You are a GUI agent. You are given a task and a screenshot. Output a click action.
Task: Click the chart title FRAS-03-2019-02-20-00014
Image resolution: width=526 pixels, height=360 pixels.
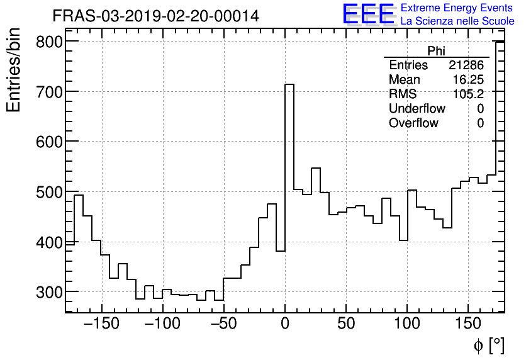[155, 16]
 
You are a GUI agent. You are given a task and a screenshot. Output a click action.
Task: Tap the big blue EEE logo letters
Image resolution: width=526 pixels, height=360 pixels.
[369, 14]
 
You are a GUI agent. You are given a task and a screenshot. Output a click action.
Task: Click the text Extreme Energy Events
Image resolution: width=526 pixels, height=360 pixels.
[457, 8]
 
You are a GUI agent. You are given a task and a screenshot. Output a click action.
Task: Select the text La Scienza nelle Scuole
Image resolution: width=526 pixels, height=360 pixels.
[457, 21]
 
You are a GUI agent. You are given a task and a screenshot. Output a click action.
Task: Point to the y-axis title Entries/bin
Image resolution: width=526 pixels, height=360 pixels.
[14, 71]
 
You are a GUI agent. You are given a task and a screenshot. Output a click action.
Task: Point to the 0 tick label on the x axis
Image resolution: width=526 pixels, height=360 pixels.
[285, 324]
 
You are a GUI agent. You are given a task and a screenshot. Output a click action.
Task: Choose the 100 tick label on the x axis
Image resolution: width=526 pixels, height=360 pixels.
[407, 324]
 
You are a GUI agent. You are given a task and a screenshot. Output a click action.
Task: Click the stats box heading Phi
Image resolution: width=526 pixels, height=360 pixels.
[436, 51]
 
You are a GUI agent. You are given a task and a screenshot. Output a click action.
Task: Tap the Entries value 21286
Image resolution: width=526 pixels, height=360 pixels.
[466, 65]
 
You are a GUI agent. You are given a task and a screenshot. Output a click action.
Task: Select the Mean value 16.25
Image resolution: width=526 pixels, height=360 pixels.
[468, 80]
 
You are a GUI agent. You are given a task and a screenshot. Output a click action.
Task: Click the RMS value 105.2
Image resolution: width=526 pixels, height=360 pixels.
[469, 94]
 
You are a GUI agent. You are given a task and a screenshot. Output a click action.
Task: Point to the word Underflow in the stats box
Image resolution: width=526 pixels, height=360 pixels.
[417, 109]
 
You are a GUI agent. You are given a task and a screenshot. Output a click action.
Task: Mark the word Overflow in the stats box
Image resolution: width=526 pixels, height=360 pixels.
[413, 123]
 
